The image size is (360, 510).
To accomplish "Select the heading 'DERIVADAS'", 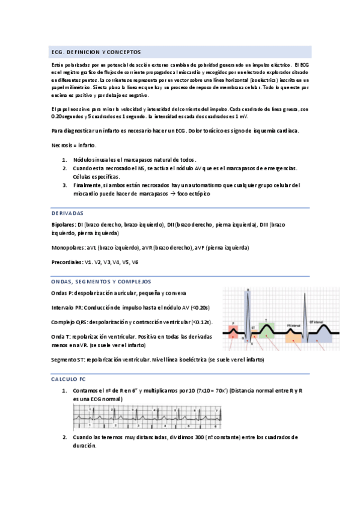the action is [x=67, y=214].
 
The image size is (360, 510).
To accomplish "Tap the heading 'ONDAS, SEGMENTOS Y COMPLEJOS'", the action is [x=100, y=281].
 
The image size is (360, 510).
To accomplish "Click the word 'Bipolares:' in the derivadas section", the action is [x=63, y=224].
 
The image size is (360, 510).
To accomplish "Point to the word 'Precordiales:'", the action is [x=67, y=262].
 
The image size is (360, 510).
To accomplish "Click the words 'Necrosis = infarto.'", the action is [x=75, y=146].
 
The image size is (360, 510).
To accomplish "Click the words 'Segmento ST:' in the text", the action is [x=69, y=359].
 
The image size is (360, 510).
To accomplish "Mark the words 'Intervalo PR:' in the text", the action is [x=67, y=307].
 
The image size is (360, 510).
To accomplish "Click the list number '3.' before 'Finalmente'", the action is [x=64, y=186].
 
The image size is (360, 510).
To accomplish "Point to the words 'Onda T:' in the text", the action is [x=61, y=337].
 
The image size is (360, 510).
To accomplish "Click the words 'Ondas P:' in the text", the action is [x=62, y=292].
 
